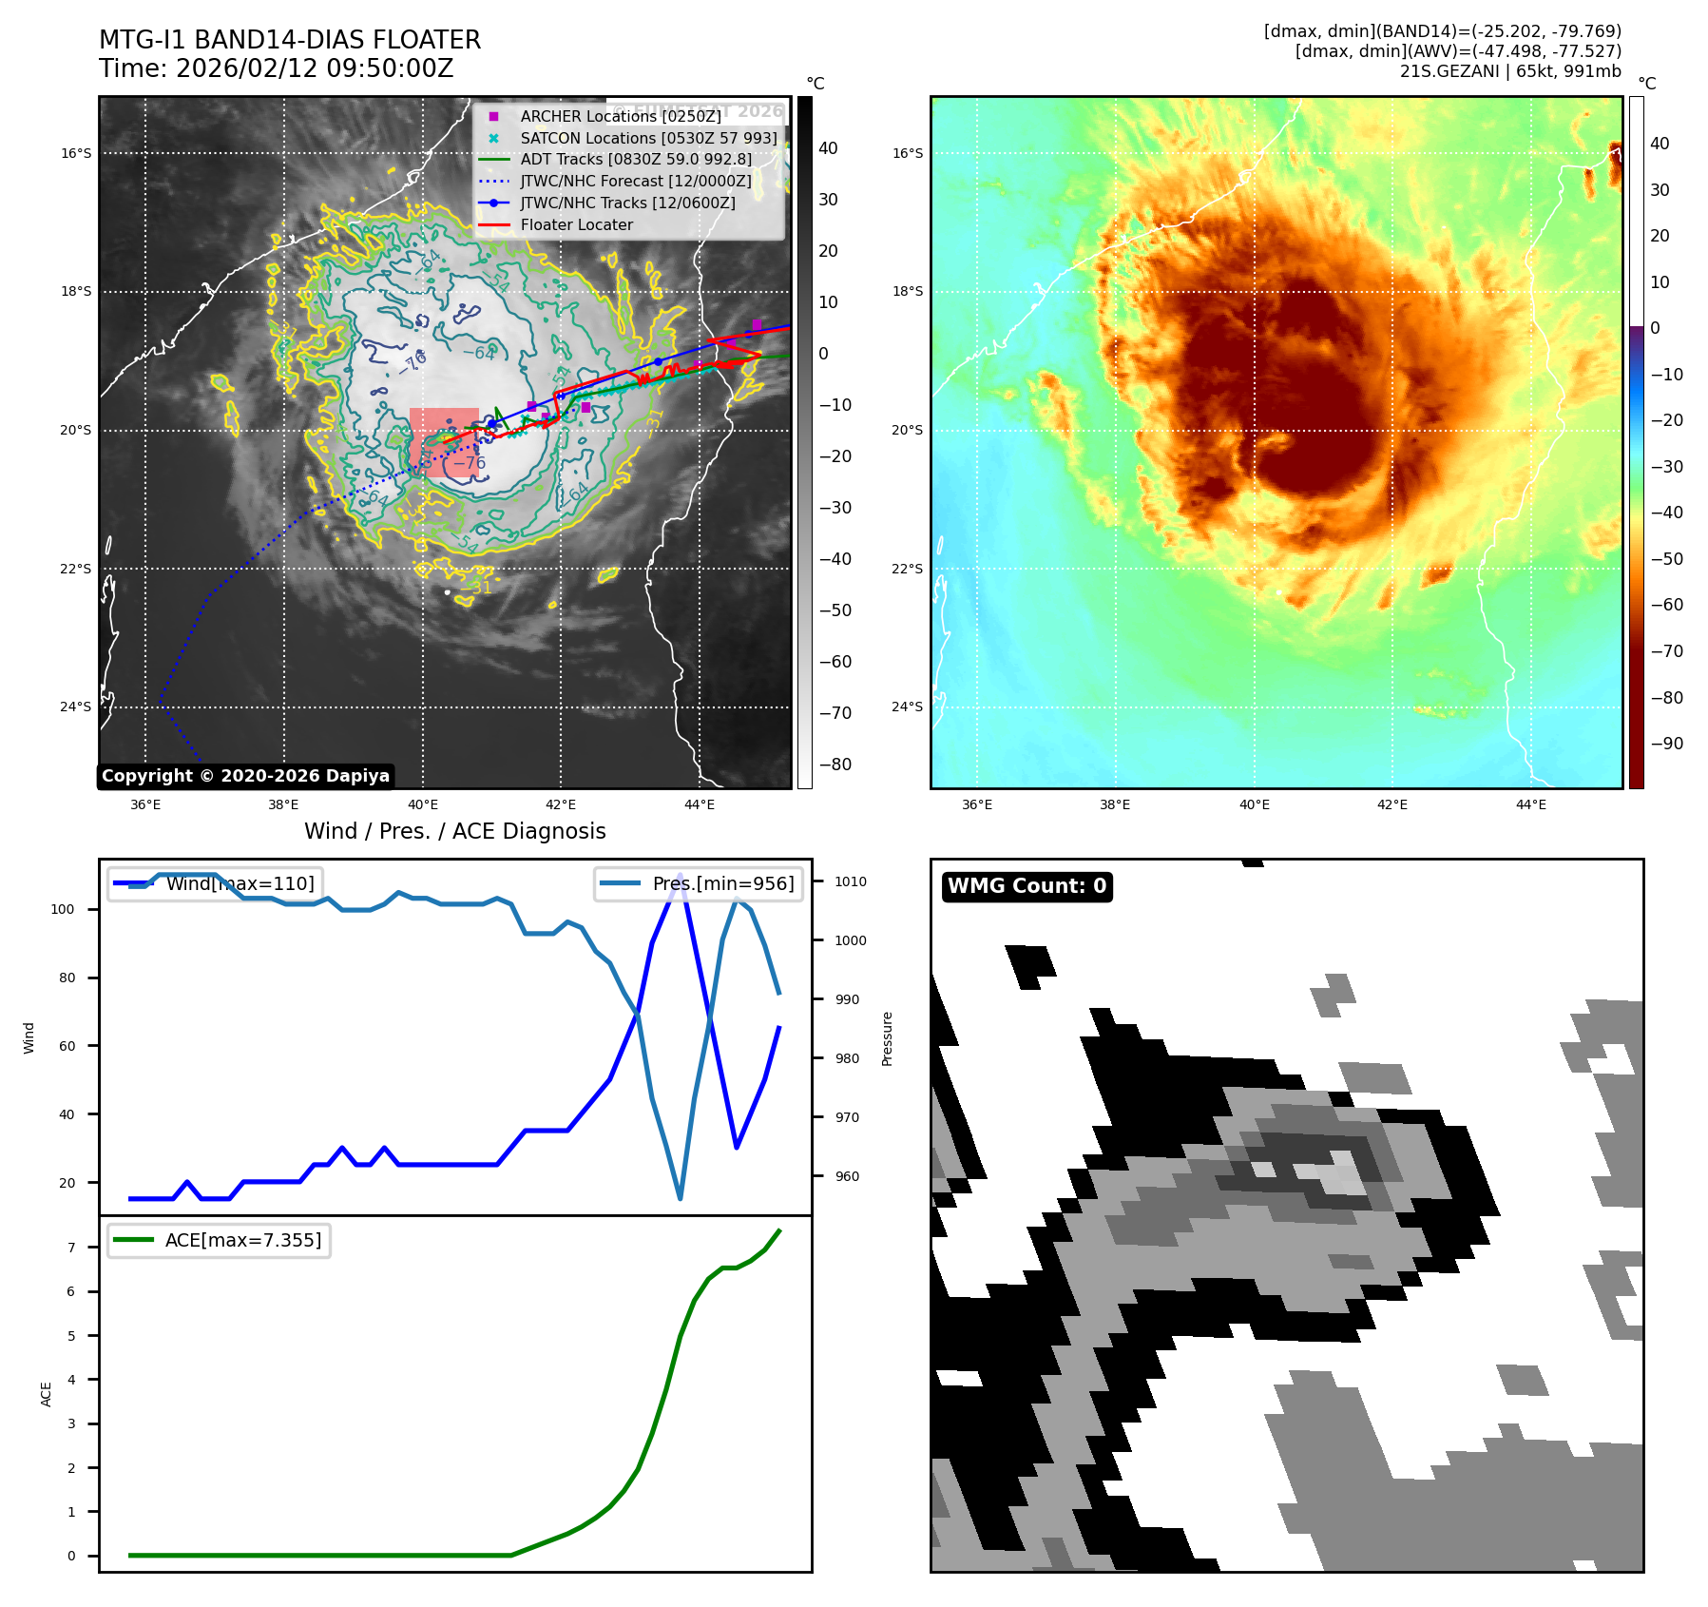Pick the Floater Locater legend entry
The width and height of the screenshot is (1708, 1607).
coord(576,225)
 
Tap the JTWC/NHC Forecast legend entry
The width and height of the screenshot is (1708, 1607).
coord(635,182)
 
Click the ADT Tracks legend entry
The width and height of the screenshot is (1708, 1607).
coord(635,160)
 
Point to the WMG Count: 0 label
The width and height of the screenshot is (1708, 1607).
coord(1027,886)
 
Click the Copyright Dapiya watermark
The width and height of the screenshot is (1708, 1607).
coord(245,776)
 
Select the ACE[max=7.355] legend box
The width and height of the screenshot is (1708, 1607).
coord(220,1240)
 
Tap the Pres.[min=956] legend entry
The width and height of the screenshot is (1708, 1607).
coord(700,883)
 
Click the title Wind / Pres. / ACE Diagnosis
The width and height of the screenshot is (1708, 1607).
coord(454,831)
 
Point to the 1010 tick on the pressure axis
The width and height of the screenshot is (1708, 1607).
coord(851,881)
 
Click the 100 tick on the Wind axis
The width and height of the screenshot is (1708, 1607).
coord(63,909)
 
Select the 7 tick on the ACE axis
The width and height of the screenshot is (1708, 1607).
coord(71,1248)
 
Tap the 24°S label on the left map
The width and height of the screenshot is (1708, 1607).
coord(76,707)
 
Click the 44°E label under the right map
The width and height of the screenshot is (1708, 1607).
coord(1530,804)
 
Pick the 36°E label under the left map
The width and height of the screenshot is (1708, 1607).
coord(145,804)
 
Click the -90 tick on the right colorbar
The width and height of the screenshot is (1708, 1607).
coord(1666,744)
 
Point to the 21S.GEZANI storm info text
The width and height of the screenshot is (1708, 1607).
coord(1509,71)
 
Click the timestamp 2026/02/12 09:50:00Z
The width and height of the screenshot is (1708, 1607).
coord(315,69)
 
